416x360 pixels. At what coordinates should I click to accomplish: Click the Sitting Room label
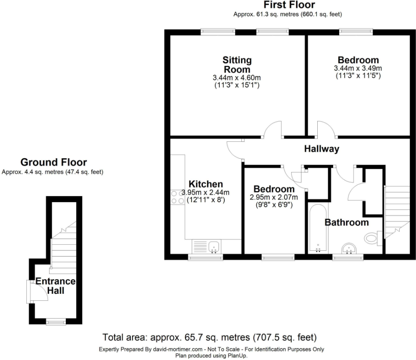tap(237, 64)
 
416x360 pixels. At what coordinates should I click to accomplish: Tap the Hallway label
tap(322, 149)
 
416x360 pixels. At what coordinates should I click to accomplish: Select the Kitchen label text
tap(205, 184)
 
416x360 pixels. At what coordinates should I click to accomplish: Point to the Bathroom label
tap(346, 222)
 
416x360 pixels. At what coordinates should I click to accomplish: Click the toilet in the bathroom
tap(372, 238)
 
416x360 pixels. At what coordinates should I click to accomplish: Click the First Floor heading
tap(289, 5)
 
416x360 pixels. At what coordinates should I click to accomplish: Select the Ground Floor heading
tap(54, 163)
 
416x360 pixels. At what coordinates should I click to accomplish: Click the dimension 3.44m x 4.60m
tap(237, 78)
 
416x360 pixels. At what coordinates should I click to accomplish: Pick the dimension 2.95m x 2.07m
tap(273, 197)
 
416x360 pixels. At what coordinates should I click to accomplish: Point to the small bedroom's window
tap(278, 257)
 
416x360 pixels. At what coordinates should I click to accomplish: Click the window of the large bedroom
tap(356, 32)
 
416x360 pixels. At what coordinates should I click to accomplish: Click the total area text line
tap(209, 338)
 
